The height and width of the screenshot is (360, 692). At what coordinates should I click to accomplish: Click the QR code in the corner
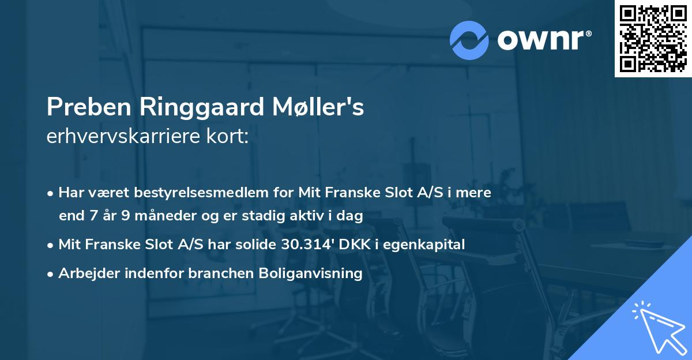coord(653,38)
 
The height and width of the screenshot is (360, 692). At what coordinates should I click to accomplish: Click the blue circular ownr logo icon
coord(469,39)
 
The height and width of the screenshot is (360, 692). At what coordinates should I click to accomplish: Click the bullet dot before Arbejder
coord(51,274)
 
